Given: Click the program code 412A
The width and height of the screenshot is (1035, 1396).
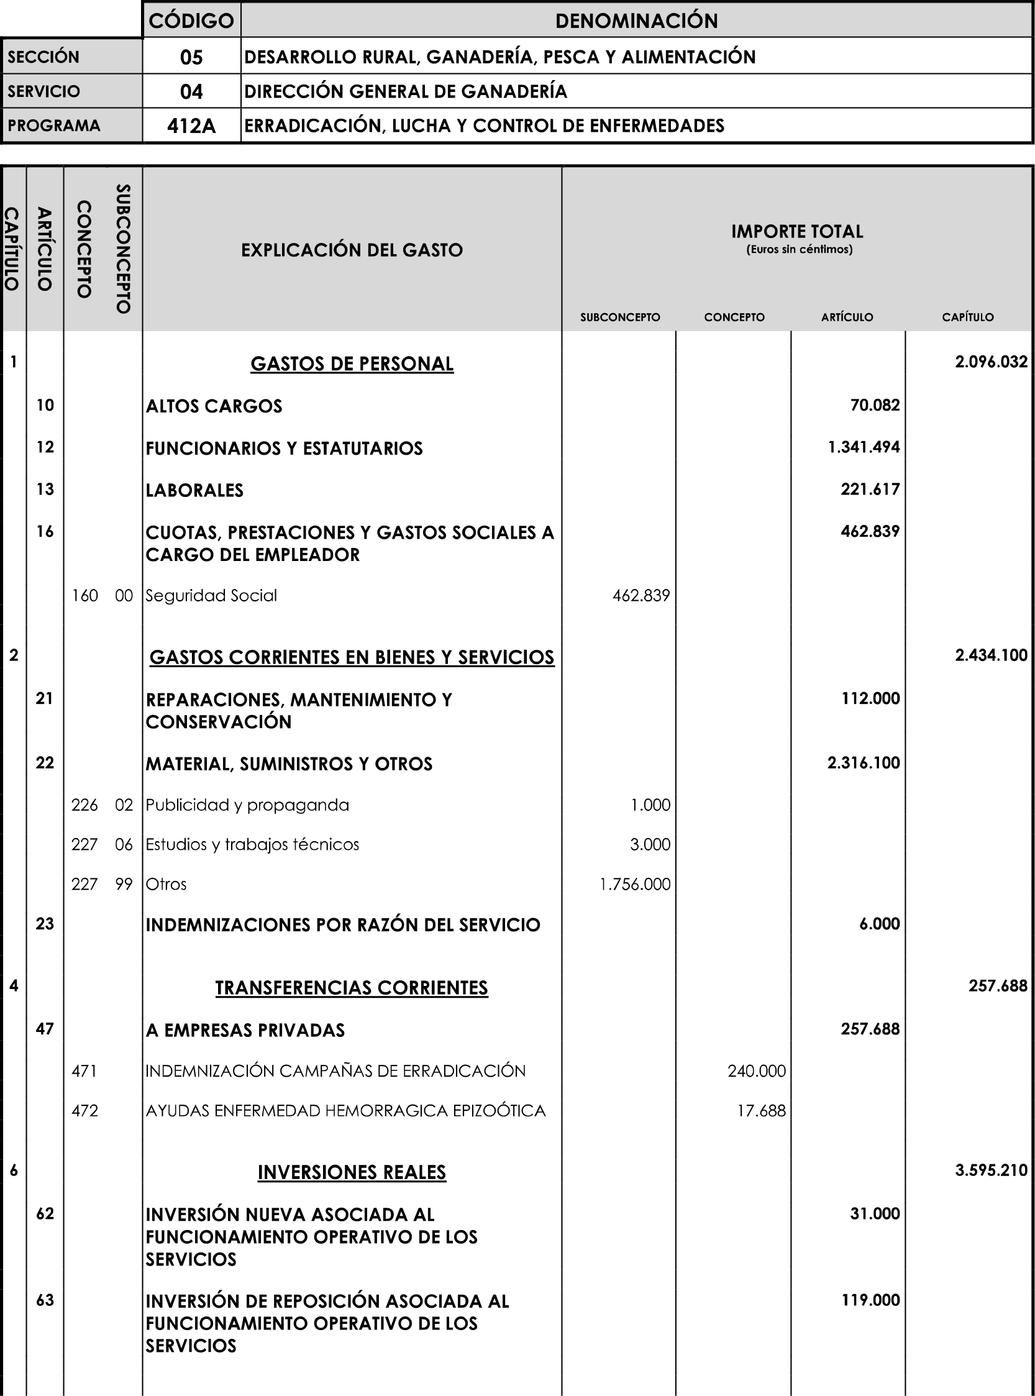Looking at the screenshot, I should (191, 126).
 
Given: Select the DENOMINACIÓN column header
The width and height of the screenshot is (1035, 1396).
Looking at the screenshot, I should (636, 21).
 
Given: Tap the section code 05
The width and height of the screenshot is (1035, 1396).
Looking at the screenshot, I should (191, 57).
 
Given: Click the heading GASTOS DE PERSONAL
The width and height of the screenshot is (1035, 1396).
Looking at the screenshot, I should (352, 363).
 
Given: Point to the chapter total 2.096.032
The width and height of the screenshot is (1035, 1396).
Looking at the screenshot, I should (990, 362).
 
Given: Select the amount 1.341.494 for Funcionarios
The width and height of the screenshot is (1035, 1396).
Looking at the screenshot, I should (864, 447).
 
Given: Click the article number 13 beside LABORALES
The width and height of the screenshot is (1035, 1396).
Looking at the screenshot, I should (45, 489).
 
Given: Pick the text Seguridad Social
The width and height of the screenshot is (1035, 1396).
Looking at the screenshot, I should (211, 595).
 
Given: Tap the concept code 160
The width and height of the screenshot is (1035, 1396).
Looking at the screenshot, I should (84, 595).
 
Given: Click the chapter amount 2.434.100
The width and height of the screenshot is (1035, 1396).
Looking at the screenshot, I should (990, 655).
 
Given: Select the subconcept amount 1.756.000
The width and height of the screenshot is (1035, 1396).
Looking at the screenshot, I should (635, 884).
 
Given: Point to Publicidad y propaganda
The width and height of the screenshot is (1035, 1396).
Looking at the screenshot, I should (247, 805).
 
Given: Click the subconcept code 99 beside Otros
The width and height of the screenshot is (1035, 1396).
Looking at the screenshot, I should (124, 884).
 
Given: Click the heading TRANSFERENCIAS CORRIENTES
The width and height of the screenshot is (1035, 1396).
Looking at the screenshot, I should (352, 988).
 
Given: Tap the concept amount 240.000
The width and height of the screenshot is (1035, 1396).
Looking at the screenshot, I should (756, 1071).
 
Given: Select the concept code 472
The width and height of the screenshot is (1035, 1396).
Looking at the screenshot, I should (84, 1111).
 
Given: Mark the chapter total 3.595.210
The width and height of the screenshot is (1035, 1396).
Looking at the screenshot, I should (990, 1170).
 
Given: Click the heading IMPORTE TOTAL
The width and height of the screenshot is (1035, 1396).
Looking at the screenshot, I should (797, 232).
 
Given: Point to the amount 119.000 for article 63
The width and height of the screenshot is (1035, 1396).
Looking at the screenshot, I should (870, 1300).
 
